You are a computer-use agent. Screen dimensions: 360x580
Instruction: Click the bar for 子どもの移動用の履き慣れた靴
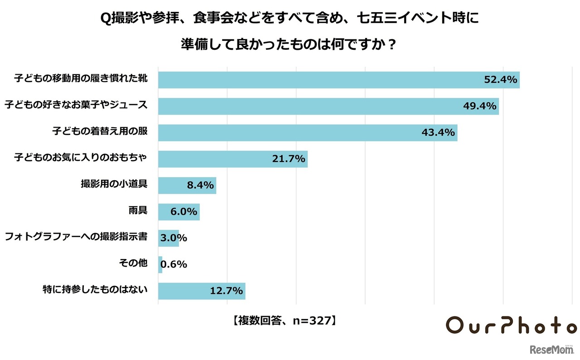click(x=317, y=80)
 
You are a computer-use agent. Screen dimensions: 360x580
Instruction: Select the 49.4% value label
click(x=480, y=106)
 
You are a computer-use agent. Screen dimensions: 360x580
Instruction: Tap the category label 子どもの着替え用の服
click(x=100, y=131)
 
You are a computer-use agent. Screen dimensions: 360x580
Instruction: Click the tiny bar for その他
click(x=160, y=264)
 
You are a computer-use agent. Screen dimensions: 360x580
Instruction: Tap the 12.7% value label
click(x=227, y=291)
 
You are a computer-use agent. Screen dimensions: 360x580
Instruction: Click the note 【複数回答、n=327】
click(x=284, y=321)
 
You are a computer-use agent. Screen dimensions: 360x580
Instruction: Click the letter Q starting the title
click(x=105, y=19)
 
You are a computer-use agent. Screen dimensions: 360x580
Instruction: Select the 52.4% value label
click(x=500, y=80)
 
